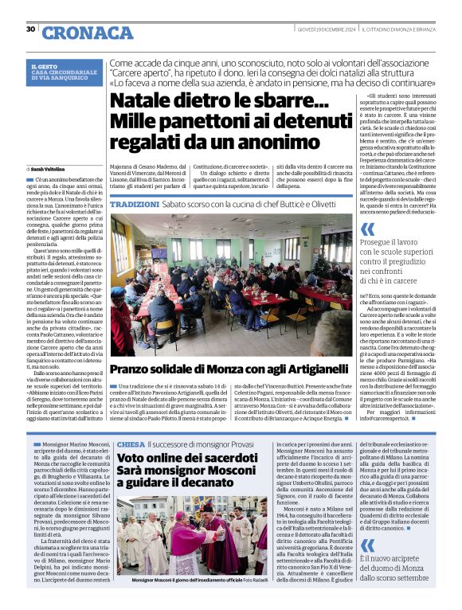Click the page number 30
tap(30, 29)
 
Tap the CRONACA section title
tap(76, 33)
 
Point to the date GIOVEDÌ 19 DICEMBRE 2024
tap(319, 29)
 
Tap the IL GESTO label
tap(43, 66)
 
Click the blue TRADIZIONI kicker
tap(135, 205)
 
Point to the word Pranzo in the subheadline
tap(133, 369)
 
